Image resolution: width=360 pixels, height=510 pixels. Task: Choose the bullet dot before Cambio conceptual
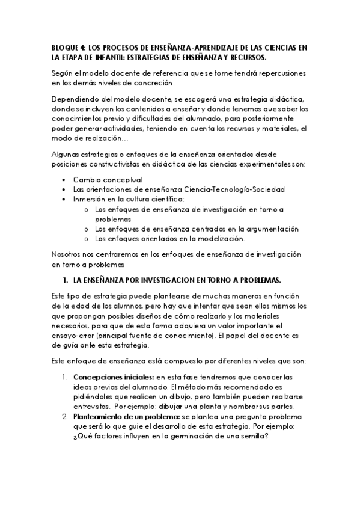[x=64, y=180]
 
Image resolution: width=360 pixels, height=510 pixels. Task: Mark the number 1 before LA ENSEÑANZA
[x=64, y=281]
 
